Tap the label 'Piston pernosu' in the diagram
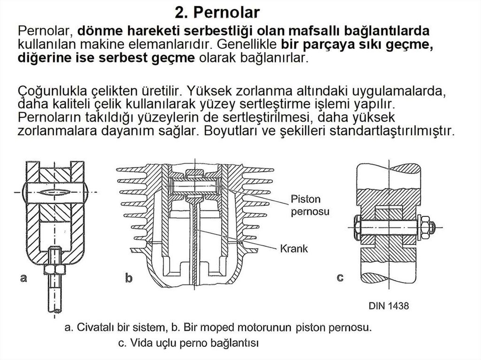[310, 205]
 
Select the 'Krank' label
[294, 248]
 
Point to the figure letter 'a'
[23, 278]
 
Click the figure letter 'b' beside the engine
[129, 278]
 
